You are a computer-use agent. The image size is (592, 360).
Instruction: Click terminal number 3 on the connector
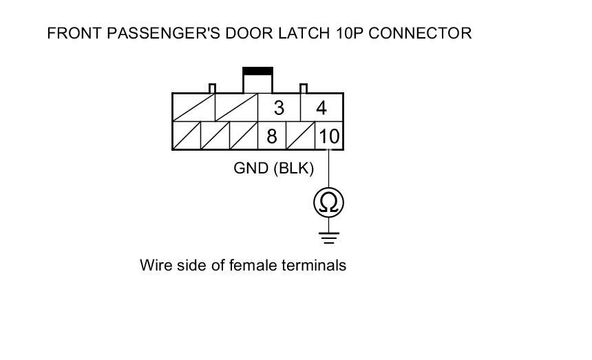coord(278,108)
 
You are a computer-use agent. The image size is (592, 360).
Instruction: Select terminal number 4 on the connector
coord(320,108)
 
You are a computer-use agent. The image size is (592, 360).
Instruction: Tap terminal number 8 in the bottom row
coord(272,136)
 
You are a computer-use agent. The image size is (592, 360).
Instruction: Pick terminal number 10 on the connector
coord(329,136)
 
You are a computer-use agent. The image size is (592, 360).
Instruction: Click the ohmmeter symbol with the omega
coord(328,202)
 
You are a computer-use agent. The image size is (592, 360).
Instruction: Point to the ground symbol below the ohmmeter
coord(328,237)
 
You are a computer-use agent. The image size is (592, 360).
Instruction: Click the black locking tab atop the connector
coord(258,71)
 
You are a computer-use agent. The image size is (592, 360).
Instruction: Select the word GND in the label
coord(251,169)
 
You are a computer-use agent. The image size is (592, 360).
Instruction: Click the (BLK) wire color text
coord(294,169)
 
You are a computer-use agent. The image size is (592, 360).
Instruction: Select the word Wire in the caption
coord(154,265)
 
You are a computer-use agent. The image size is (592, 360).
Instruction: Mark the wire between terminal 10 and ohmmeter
coord(328,169)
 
